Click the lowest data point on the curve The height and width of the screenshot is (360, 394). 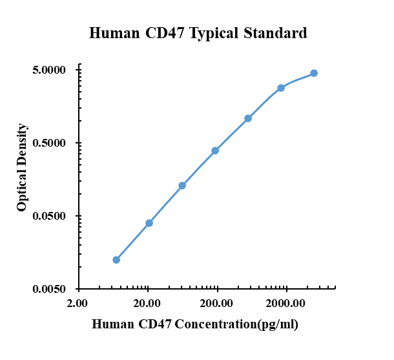(x=116, y=260)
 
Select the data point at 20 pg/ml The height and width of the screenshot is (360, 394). (x=149, y=223)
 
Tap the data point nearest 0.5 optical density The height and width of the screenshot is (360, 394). (x=215, y=151)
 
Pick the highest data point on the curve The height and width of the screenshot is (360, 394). (x=314, y=73)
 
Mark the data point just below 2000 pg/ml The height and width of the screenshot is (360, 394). (x=281, y=88)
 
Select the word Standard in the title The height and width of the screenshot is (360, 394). (x=274, y=33)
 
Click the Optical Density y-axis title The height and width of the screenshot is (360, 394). (x=22, y=167)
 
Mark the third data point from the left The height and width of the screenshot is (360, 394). (x=182, y=185)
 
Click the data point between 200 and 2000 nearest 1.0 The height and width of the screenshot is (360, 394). (x=248, y=118)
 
